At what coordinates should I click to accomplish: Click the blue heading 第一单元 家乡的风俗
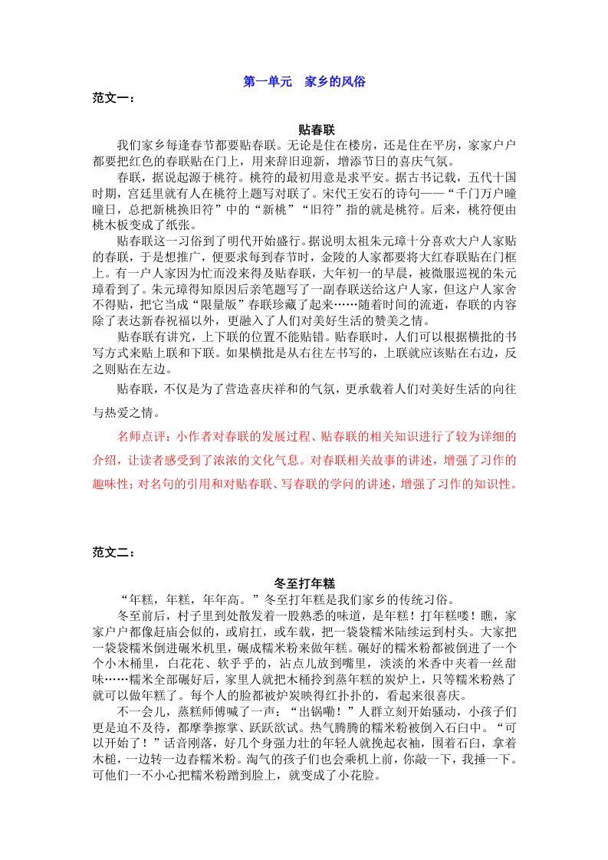tap(304, 81)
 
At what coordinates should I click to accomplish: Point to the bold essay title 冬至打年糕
tap(304, 584)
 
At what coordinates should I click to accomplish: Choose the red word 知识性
tap(497, 484)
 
